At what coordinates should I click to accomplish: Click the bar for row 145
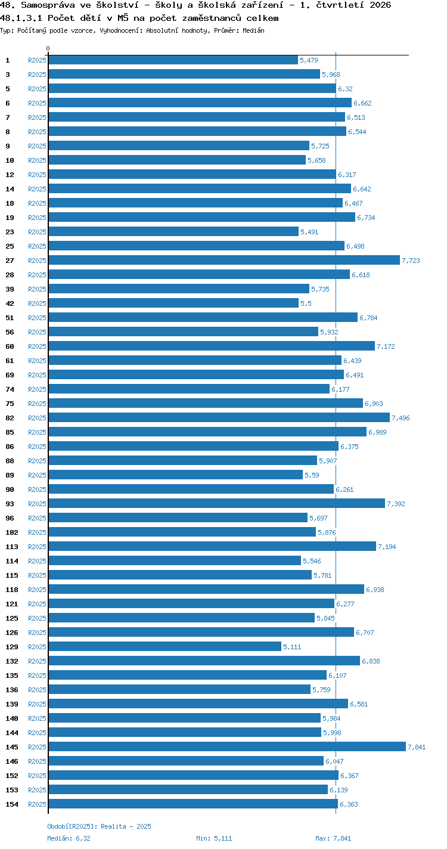pyautogui.click(x=227, y=746)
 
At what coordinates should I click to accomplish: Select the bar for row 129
pyautogui.click(x=165, y=647)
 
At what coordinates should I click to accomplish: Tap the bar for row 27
pyautogui.click(x=224, y=261)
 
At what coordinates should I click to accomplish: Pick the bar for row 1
pyautogui.click(x=173, y=60)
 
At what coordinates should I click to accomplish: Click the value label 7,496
pyautogui.click(x=401, y=418)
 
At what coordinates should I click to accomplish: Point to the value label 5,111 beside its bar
pyautogui.click(x=292, y=647)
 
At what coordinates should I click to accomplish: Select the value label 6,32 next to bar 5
pyautogui.click(x=345, y=89)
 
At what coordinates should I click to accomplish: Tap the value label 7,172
pyautogui.click(x=386, y=346)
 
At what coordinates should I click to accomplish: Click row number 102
pyautogui.click(x=12, y=532)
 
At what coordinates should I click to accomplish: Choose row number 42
pyautogui.click(x=10, y=303)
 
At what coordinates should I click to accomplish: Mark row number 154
pyautogui.click(x=12, y=804)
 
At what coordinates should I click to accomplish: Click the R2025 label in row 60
pyautogui.click(x=37, y=346)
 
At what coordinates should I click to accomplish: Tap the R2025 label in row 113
pyautogui.click(x=37, y=547)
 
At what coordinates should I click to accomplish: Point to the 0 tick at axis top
pyautogui.click(x=48, y=48)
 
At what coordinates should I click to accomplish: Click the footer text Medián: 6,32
pyautogui.click(x=69, y=838)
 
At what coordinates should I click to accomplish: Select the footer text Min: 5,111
pyautogui.click(x=214, y=838)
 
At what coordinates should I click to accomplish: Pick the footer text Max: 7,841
pyautogui.click(x=333, y=838)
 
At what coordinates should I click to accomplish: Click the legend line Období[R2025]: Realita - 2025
pyautogui.click(x=100, y=826)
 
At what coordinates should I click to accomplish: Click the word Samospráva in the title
pyautogui.click(x=48, y=5)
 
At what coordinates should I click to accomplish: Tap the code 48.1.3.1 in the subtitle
pyautogui.click(x=21, y=18)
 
